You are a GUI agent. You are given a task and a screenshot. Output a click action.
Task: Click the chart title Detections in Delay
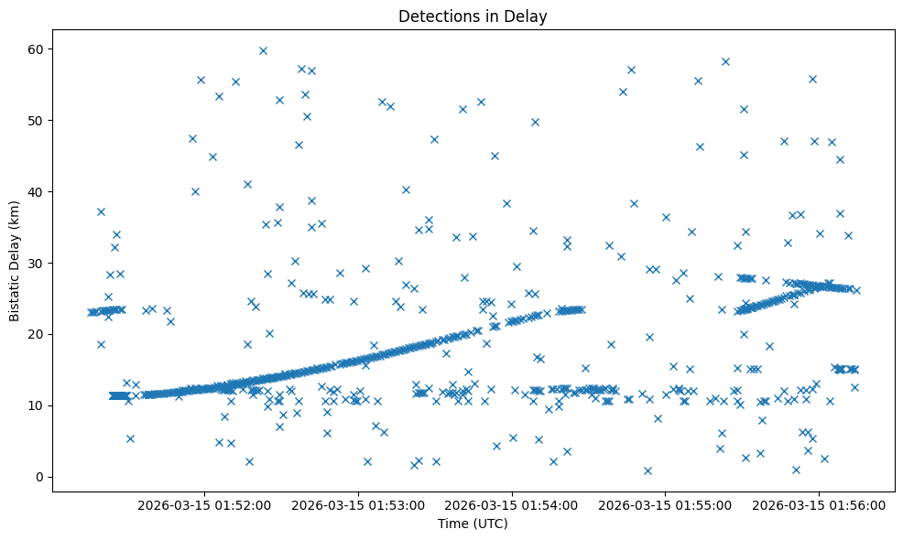coord(473,16)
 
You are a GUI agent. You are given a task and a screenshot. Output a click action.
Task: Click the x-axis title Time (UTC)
coord(473,524)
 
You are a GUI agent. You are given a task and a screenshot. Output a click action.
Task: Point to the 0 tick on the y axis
coord(39,477)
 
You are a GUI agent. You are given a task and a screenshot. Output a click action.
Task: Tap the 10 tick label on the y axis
coord(36,405)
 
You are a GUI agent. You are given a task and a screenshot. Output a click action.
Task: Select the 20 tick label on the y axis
coord(36,334)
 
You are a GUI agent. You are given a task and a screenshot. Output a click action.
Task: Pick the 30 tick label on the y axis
coord(36,263)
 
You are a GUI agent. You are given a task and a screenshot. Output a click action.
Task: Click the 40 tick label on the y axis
coord(36,191)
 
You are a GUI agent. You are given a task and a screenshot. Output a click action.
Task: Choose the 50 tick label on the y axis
coord(36,120)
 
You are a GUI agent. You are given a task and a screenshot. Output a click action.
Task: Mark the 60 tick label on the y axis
coord(36,49)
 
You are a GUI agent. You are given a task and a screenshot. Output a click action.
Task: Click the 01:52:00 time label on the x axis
coord(203,504)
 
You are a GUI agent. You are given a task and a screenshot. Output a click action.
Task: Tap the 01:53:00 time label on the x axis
coord(357,504)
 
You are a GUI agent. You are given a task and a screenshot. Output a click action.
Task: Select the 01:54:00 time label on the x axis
coord(511,504)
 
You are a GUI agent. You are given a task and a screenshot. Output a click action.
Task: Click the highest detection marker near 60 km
coord(263,50)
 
